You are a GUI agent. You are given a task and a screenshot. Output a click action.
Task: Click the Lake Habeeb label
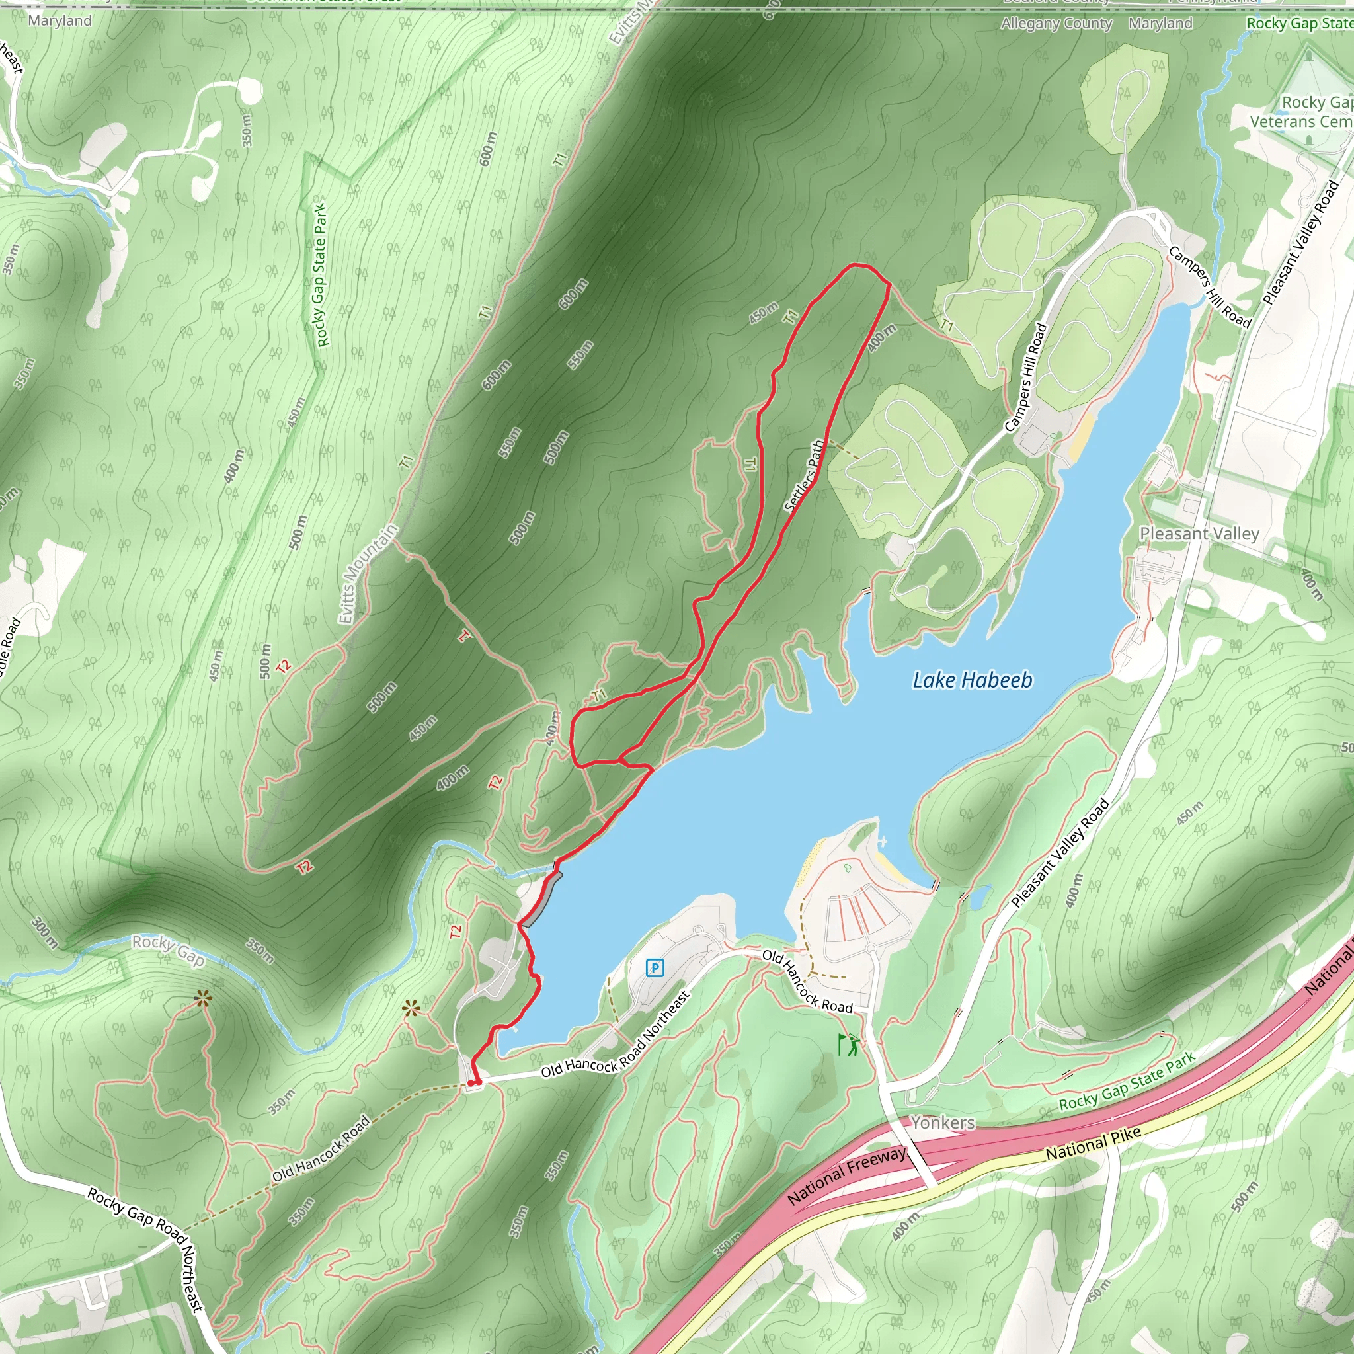click(971, 680)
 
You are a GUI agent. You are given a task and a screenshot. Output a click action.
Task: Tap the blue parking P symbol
click(654, 968)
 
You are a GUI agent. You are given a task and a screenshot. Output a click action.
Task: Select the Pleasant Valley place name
click(1199, 534)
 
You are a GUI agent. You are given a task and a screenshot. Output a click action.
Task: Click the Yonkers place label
click(943, 1122)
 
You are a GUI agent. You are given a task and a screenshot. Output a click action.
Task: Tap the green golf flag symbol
click(849, 1044)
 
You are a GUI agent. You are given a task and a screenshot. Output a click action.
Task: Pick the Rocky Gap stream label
click(168, 949)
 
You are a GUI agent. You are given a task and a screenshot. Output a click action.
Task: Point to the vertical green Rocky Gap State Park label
click(321, 275)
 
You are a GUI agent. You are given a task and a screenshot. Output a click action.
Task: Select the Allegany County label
click(1056, 24)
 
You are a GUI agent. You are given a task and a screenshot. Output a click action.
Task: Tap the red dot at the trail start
click(471, 1083)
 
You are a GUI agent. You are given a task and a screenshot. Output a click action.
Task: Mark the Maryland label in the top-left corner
click(60, 20)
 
